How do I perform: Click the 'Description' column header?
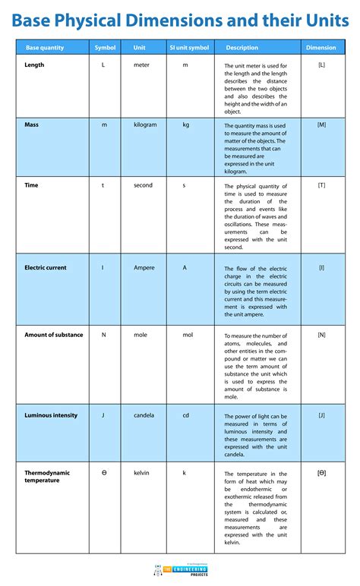(242, 48)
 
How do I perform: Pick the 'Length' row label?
(34, 65)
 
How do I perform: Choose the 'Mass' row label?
(31, 124)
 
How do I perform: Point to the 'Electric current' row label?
(46, 268)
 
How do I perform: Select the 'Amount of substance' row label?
(54, 335)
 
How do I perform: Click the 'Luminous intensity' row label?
(51, 415)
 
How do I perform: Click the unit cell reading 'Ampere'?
(144, 268)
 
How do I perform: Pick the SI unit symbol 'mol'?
(187, 335)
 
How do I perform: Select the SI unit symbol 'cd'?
(185, 415)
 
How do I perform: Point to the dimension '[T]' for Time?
(321, 185)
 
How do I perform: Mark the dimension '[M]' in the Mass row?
(321, 124)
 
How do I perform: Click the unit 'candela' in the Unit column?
(144, 415)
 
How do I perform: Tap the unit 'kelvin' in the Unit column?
(142, 473)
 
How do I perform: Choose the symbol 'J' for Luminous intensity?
(103, 415)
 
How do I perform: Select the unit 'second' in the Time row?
(143, 185)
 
